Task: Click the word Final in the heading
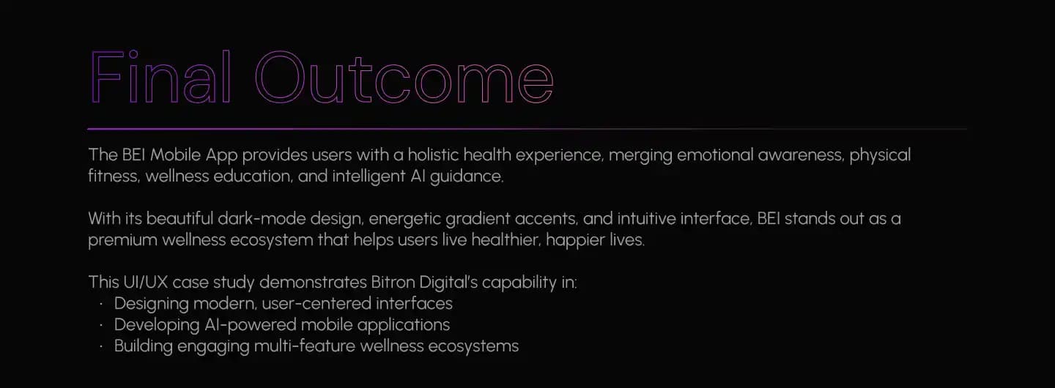coord(160,77)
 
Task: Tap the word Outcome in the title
coord(404,77)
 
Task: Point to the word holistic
coord(433,154)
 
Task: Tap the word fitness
coord(114,176)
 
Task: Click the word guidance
coord(466,177)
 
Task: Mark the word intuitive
coord(646,218)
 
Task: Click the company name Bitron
coord(393,282)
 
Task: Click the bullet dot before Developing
coord(101,325)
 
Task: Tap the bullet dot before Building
coord(101,346)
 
